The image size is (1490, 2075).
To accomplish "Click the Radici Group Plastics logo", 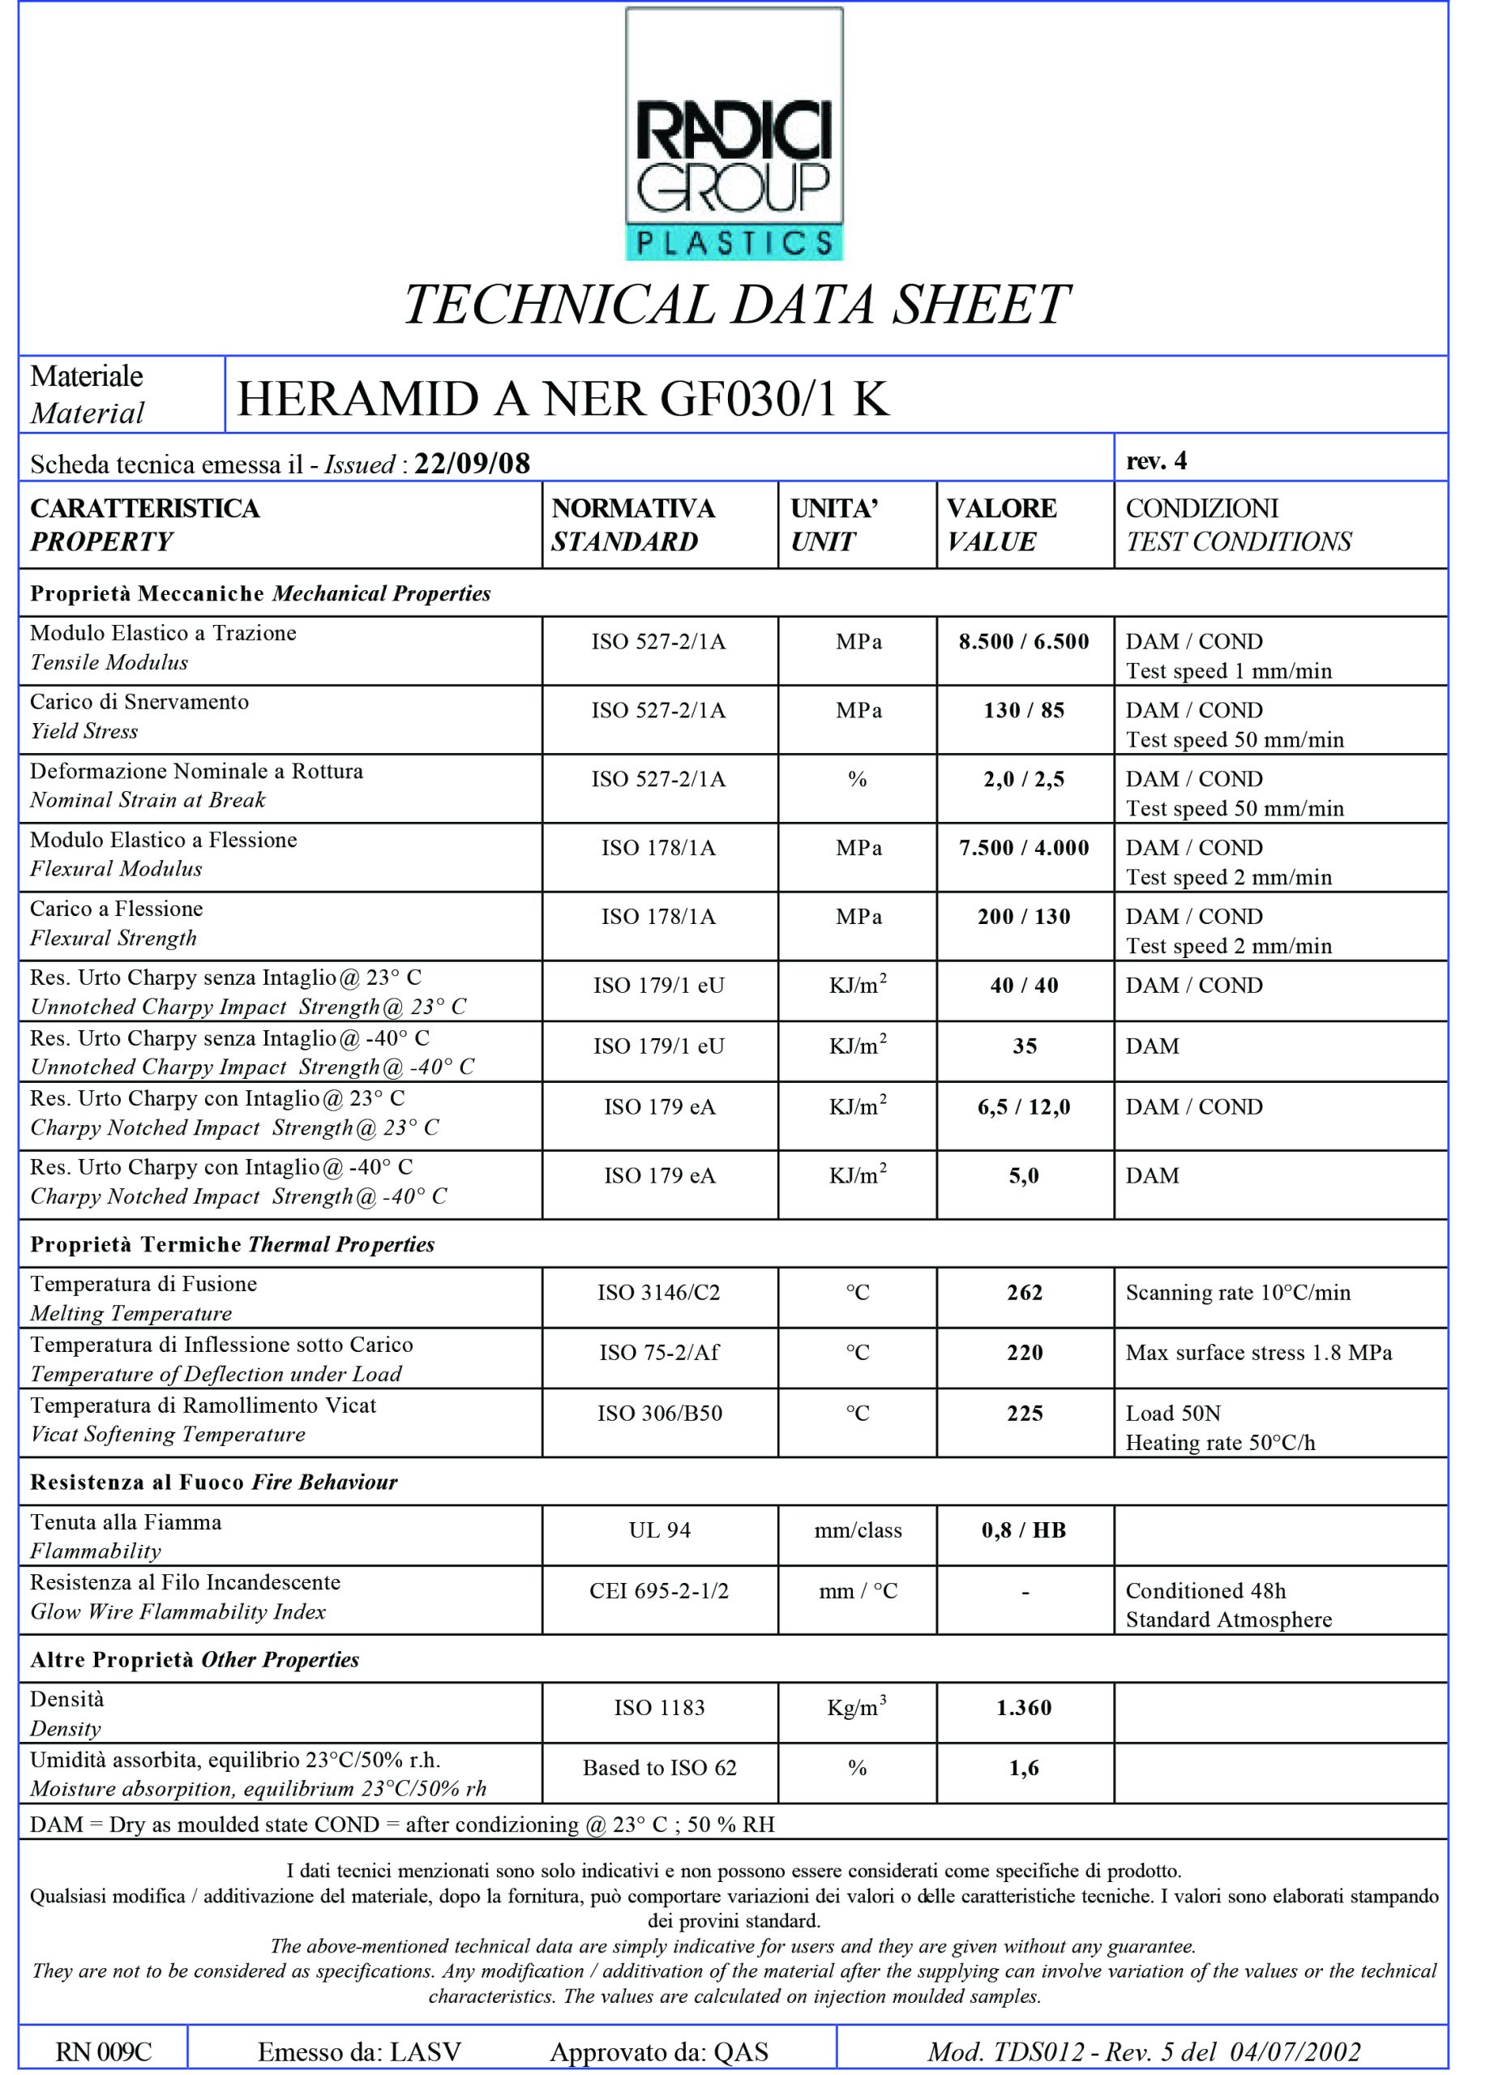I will (x=733, y=135).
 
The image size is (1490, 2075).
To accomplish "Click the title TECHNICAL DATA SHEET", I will (x=737, y=305).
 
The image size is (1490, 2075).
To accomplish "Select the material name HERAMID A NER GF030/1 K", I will (x=563, y=399).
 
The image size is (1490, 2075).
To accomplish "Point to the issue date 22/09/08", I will (x=473, y=463).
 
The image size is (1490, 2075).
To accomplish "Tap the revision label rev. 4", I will (x=1156, y=460).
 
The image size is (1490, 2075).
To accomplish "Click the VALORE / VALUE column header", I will (x=1001, y=524).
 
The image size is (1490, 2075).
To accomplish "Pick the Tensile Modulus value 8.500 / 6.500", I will (x=1023, y=641).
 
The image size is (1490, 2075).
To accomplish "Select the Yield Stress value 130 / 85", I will (x=1023, y=710).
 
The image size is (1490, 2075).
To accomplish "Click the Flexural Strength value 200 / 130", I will (x=1023, y=916).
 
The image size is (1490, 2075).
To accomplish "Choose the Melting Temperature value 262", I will (x=1024, y=1292).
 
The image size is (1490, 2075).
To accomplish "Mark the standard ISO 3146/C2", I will (x=659, y=1292).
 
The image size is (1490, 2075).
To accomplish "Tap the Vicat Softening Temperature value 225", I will (x=1024, y=1413).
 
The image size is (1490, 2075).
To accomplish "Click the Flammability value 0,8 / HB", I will (x=1023, y=1530).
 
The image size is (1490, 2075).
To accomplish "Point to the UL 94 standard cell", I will (x=659, y=1530).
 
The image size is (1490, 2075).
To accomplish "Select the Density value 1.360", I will (x=1023, y=1707).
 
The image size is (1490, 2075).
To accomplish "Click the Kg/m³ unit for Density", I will (x=857, y=1707).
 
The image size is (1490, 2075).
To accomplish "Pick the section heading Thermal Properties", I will (x=340, y=1244).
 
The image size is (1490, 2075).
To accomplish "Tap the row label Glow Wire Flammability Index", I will (x=178, y=1611).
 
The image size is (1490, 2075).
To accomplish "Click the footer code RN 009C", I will (x=104, y=2051).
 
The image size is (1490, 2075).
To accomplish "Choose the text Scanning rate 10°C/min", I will (x=1237, y=1292).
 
